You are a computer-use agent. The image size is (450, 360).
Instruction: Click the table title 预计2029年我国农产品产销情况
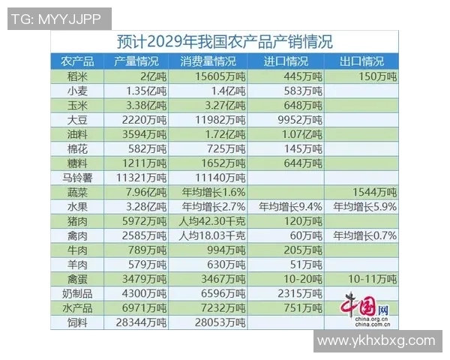(225, 40)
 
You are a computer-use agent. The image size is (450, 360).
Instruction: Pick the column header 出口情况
(361, 61)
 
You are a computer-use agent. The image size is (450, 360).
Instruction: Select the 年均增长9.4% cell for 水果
(290, 206)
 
